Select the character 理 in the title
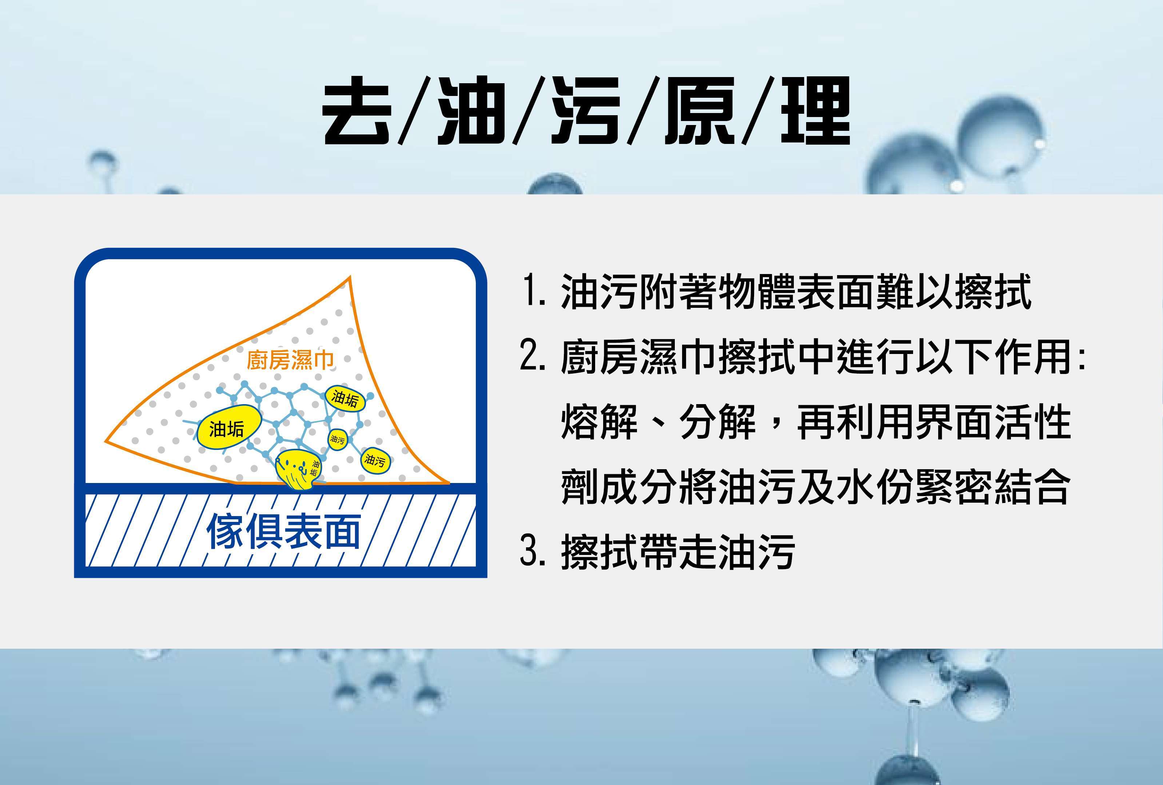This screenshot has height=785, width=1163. [x=816, y=111]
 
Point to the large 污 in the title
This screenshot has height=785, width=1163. [x=585, y=111]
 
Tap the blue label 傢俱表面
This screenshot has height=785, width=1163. [x=284, y=531]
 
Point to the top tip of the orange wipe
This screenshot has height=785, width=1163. [x=349, y=277]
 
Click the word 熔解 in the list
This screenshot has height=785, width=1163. [x=600, y=422]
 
